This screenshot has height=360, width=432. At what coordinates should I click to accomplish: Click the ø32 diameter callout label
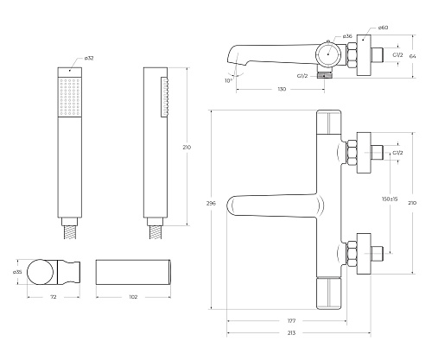89,58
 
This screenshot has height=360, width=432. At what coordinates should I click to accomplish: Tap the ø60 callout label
384,28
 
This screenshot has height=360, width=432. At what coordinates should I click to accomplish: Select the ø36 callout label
347,36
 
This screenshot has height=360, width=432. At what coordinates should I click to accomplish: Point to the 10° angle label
228,80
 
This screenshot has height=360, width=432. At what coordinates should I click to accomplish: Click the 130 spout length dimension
282,89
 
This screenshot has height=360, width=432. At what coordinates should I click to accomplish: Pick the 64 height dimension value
413,56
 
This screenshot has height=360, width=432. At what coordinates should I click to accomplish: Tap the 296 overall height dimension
211,203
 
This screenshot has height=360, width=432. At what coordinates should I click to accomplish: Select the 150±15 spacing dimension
390,199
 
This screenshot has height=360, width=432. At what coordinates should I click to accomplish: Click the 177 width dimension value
291,320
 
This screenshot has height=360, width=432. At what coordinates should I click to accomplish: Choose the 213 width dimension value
291,333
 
